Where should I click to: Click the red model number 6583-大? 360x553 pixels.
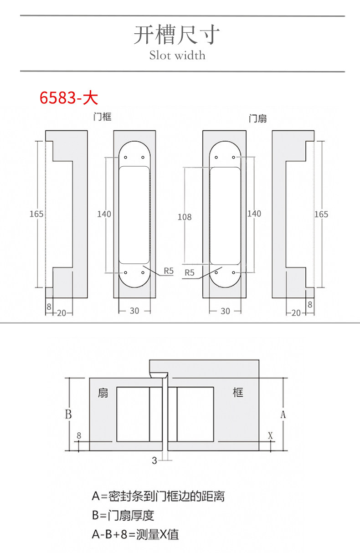click(x=69, y=98)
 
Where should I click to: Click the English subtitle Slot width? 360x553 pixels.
click(x=177, y=55)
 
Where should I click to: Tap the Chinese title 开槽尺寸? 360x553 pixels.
click(x=176, y=35)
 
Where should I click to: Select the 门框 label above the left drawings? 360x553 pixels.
click(x=102, y=117)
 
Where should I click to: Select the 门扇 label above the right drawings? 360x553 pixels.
click(x=257, y=119)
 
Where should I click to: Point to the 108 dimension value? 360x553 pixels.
click(x=185, y=217)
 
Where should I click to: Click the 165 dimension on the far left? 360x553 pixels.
click(x=36, y=214)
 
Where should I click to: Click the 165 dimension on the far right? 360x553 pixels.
click(x=321, y=214)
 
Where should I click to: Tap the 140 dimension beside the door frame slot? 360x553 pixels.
click(x=104, y=214)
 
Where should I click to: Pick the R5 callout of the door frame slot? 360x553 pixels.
click(x=169, y=271)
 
